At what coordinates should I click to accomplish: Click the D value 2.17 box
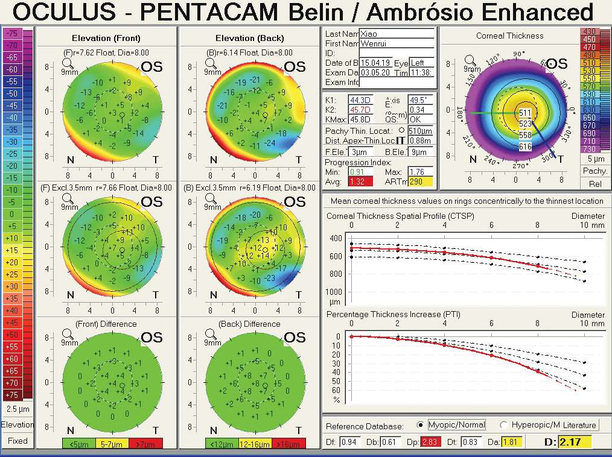(x=574, y=442)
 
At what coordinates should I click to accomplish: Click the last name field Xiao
(x=397, y=34)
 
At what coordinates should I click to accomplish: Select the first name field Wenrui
(x=397, y=43)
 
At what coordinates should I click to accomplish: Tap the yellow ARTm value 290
(x=421, y=181)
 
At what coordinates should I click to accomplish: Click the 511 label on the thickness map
(x=525, y=113)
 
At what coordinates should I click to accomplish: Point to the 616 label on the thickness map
(x=525, y=147)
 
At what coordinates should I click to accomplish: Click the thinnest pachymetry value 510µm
(x=420, y=131)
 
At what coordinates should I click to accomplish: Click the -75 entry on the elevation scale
(x=12, y=34)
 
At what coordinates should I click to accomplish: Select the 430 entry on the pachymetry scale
(x=588, y=31)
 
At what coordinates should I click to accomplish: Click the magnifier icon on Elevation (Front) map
(x=68, y=61)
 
